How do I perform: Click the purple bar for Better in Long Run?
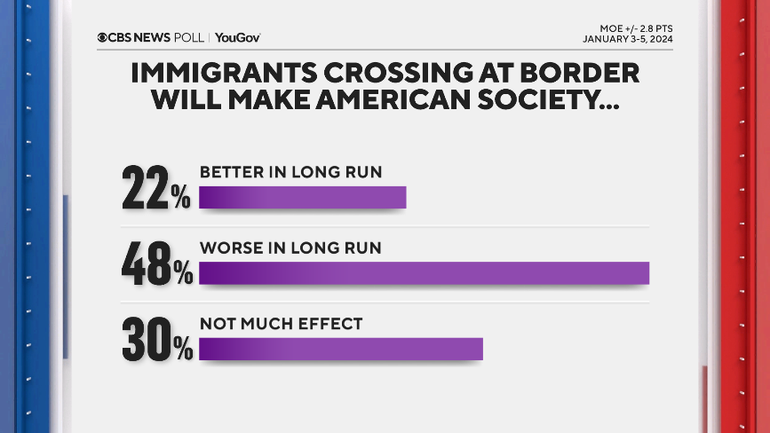[302, 198]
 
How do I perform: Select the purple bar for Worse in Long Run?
[424, 273]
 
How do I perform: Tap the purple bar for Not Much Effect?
[340, 350]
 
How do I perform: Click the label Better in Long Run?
[290, 171]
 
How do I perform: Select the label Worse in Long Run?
[290, 248]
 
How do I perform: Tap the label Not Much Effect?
[281, 324]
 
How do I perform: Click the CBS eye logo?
[103, 37]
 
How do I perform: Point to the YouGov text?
[237, 37]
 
